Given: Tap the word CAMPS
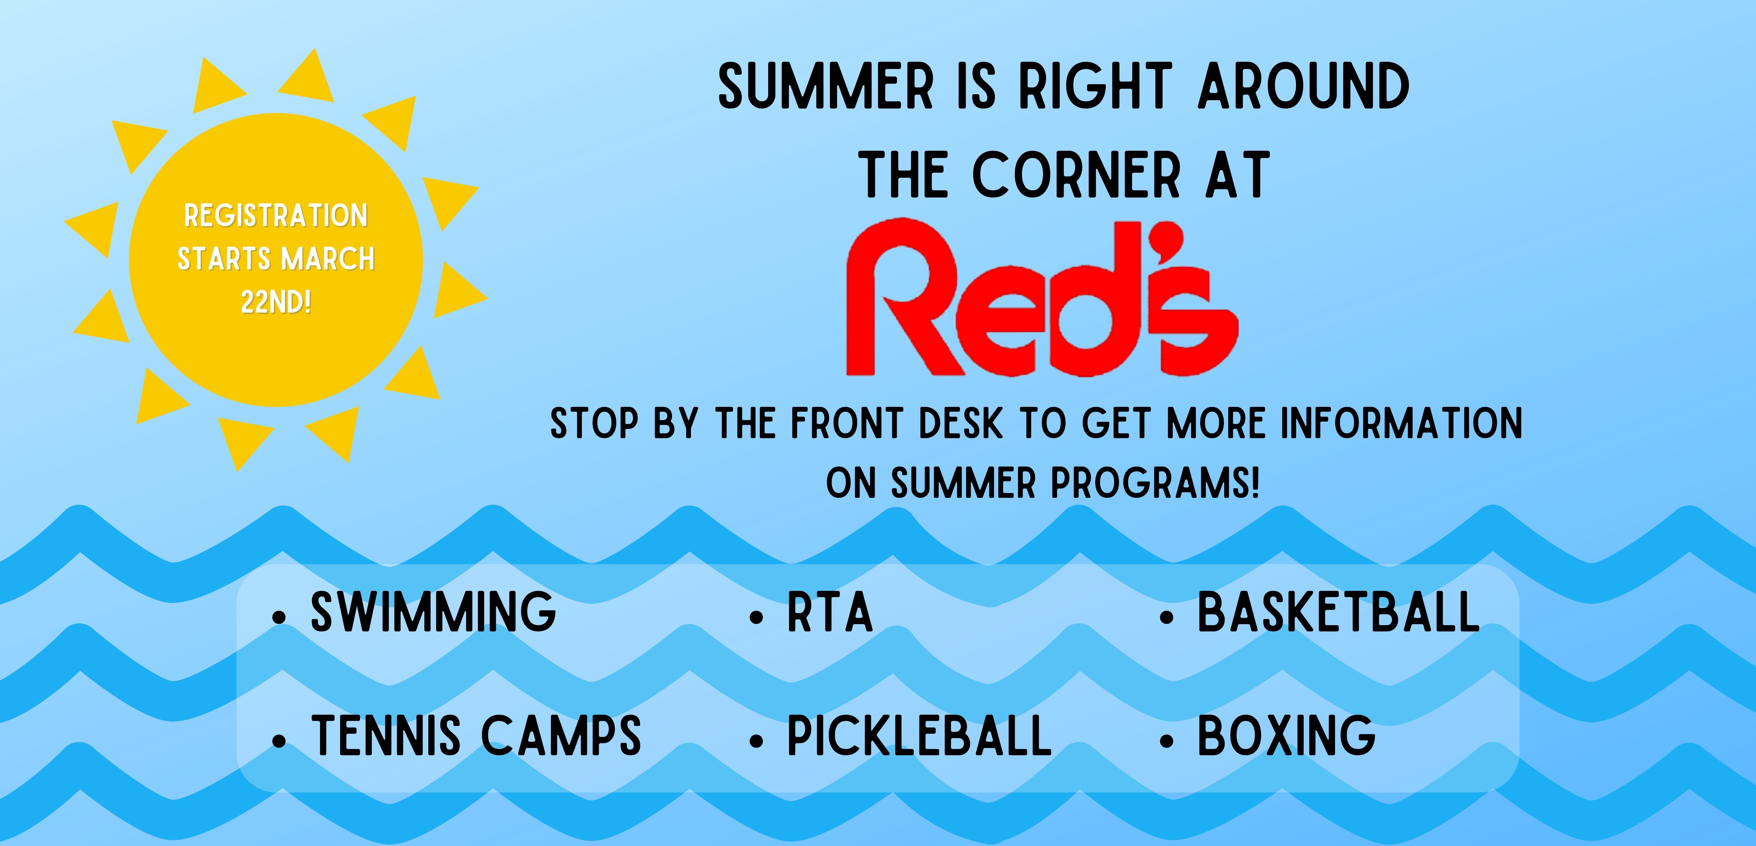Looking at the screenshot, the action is [x=561, y=736].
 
